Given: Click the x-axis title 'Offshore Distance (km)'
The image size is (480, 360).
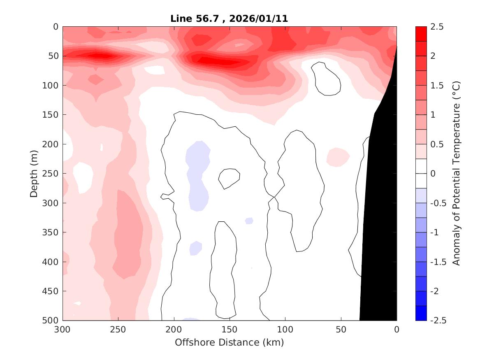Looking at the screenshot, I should tap(229, 342).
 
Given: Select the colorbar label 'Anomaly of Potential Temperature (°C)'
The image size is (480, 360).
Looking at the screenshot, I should tap(456, 174).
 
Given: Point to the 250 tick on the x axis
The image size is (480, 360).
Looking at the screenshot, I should tap(118, 330).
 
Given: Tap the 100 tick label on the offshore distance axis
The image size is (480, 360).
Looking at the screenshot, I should tap(285, 330).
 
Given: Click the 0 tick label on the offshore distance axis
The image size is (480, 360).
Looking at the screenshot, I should tap(397, 330).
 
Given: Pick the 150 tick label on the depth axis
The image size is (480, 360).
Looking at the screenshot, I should tap(52, 115).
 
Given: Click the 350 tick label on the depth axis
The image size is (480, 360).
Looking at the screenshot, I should tap(52, 232).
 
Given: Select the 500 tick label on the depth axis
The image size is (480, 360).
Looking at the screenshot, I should tap(52, 321).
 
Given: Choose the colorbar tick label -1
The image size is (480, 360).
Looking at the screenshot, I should tap(436, 232).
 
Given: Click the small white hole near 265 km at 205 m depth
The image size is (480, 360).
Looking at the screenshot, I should tap(102, 147).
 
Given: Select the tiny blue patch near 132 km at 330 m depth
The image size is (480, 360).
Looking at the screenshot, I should tap(249, 221).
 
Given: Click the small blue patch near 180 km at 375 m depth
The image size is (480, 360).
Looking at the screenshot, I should tap(196, 247).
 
